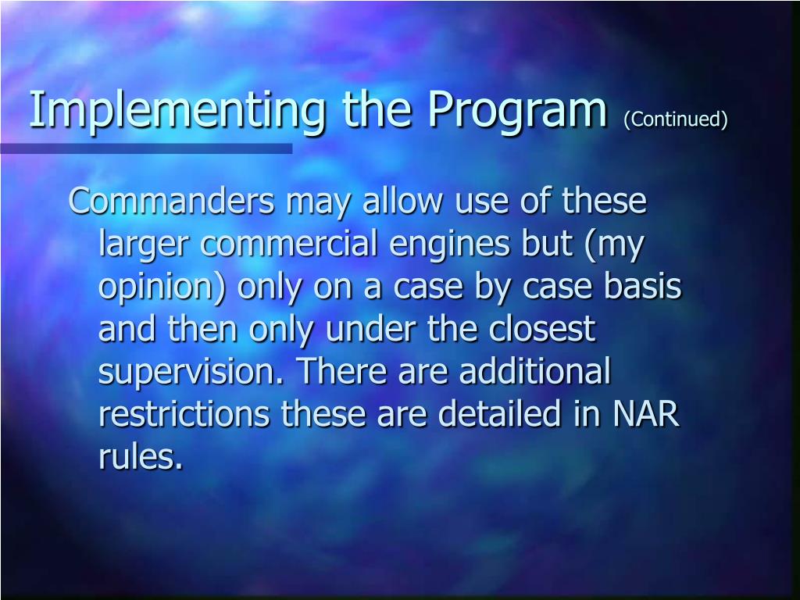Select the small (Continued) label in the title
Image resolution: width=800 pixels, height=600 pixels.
676,119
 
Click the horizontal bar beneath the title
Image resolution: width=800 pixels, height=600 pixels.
146,148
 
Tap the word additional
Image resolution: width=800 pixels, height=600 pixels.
534,372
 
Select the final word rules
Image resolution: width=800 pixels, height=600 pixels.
140,457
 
